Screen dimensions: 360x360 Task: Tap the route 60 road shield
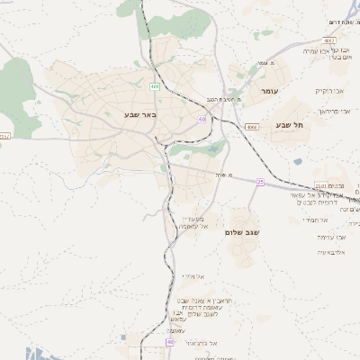[202, 119]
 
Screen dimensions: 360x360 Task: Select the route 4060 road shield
[251, 128]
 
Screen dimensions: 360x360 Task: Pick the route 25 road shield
[259, 182]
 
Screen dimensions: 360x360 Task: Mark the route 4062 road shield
[329, 41]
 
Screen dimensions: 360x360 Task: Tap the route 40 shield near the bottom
[169, 342]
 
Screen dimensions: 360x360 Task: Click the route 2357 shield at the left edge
[4, 136]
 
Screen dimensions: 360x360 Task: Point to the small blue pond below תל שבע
[297, 162]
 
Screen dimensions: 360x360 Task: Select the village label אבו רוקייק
[329, 91]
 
